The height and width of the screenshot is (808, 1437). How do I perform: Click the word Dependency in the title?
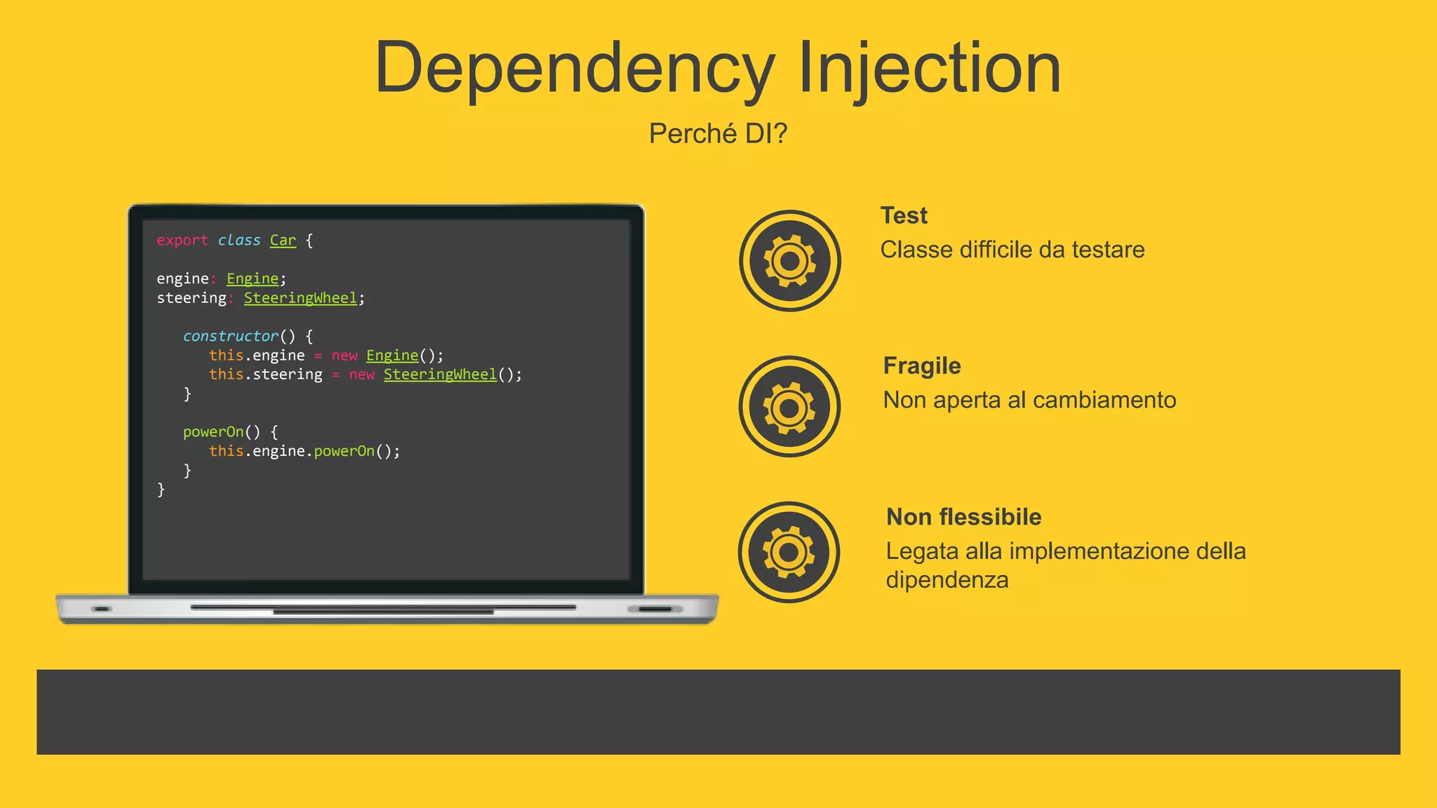[574, 69]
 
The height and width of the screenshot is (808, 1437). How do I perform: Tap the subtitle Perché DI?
[718, 133]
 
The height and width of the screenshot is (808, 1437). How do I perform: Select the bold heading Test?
[904, 215]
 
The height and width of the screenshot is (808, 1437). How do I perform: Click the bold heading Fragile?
[921, 365]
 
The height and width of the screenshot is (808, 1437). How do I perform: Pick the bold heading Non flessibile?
[963, 517]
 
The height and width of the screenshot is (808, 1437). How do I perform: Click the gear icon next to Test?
[789, 261]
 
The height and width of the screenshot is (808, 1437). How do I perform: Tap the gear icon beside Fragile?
[789, 407]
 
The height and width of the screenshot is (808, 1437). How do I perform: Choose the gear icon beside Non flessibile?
[789, 552]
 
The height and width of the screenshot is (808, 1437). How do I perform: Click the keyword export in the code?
[182, 240]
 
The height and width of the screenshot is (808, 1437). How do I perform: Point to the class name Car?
[283, 240]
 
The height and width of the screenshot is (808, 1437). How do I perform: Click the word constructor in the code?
[230, 336]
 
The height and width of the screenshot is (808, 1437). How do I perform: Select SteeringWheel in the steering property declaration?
[300, 298]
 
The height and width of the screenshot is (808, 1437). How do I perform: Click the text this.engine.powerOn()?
[305, 451]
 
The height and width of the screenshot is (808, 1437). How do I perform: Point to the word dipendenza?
[947, 580]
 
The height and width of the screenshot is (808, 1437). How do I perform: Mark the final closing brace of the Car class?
[161, 490]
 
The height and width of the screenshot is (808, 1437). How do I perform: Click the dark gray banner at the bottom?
[718, 712]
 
